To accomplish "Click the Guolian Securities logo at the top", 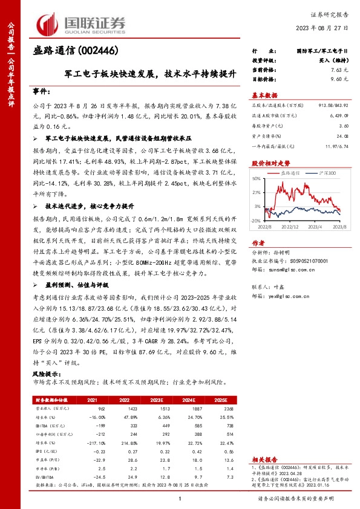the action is tap(82, 22).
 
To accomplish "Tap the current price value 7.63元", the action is tap(340, 70).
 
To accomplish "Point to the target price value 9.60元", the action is tap(340, 79).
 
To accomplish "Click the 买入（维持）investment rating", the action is tap(333, 62).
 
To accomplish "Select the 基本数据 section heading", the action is tap(264, 95).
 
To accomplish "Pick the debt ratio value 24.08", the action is tap(342, 135).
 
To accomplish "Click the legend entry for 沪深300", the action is tap(326, 172).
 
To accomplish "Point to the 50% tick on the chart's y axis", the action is tap(256, 178).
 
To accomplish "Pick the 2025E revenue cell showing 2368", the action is tap(227, 409).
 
